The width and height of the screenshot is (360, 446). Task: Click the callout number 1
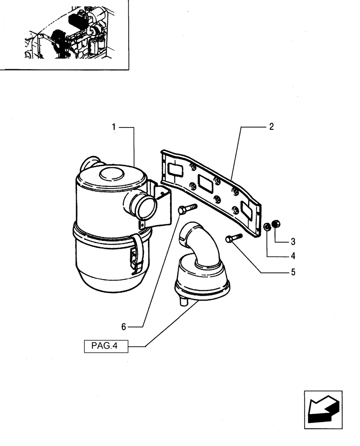click(114, 127)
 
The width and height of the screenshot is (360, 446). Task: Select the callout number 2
click(271, 127)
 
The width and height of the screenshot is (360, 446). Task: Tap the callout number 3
click(293, 242)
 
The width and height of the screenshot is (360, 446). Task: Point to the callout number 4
click(293, 256)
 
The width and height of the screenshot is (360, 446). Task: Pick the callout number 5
click(293, 272)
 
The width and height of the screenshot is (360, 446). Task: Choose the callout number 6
click(124, 327)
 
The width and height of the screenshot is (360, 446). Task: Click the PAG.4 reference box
click(106, 346)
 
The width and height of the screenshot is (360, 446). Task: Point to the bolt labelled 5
click(233, 238)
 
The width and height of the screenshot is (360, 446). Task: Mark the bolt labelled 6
click(187, 208)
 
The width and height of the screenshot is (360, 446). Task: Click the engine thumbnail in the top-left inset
click(67, 33)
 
